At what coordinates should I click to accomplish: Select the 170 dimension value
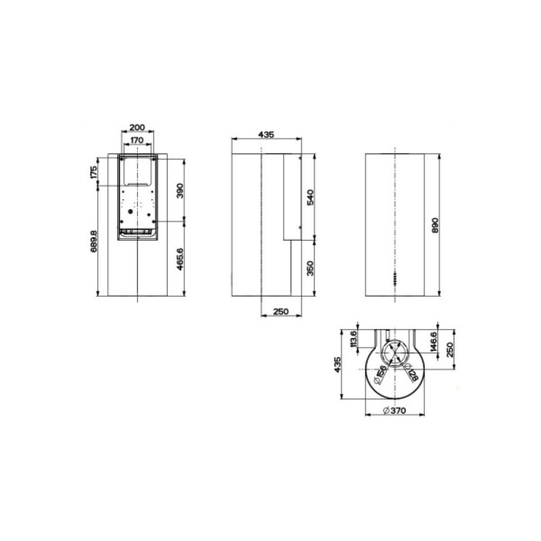coord(137,140)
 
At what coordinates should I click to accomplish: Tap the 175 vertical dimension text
coord(94,173)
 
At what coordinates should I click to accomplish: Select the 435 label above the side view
coord(267,134)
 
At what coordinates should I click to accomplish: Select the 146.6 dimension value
coord(434,342)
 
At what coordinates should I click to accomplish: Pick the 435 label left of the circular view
coord(338,365)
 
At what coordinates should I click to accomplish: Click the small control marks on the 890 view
coord(395,279)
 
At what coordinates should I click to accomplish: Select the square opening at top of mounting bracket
coord(137,170)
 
